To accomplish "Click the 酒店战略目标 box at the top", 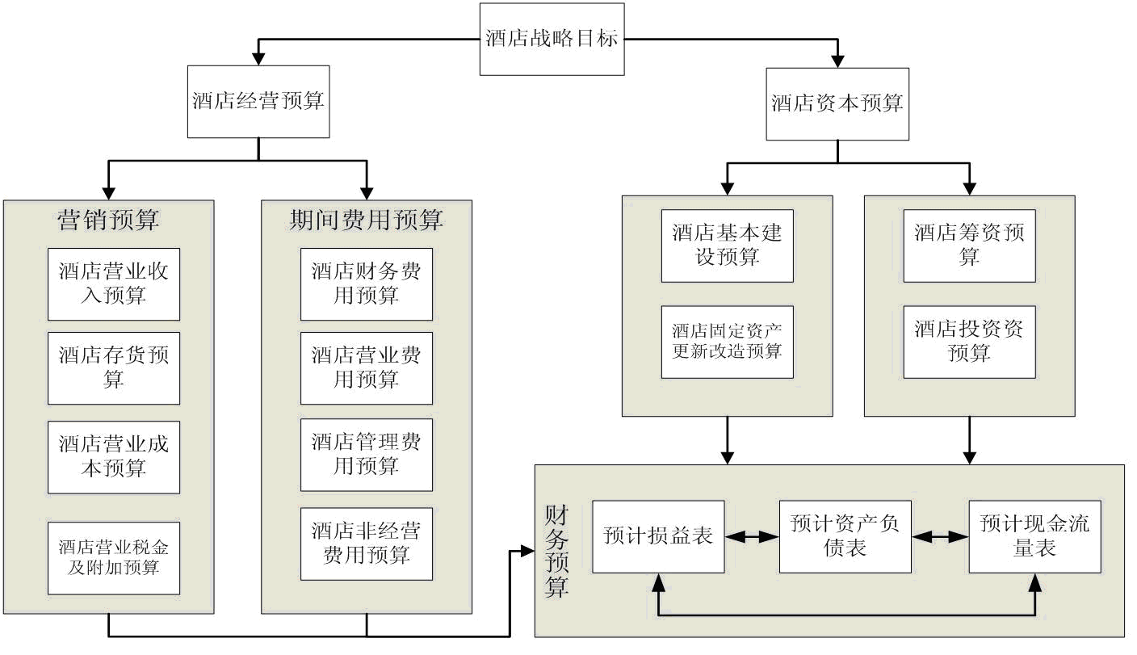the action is (x=552, y=39).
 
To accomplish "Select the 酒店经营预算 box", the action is (x=258, y=102).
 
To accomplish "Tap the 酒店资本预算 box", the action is (x=837, y=104).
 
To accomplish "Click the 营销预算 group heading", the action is (x=109, y=220).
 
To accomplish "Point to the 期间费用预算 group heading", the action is (x=367, y=220).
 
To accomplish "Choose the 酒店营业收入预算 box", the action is (x=114, y=284).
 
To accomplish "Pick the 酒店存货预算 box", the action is (x=114, y=368).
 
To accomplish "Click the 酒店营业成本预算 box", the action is (x=114, y=457).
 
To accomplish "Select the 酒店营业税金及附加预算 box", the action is (x=114, y=558).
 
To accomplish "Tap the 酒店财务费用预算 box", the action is (x=367, y=284).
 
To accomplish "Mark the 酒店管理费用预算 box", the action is (x=367, y=455).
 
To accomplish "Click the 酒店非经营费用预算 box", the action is (x=367, y=544).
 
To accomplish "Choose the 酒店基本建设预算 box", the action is (x=728, y=246).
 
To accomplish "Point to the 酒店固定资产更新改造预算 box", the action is (x=728, y=342).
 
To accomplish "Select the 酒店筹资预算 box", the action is (x=970, y=246).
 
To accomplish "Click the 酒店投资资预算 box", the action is (x=970, y=342).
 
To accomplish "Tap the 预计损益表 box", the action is (x=658, y=537).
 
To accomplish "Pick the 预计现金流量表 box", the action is (x=1035, y=537).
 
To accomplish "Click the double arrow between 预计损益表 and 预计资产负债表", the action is (x=753, y=537).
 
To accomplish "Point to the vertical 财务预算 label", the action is (x=557, y=552).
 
